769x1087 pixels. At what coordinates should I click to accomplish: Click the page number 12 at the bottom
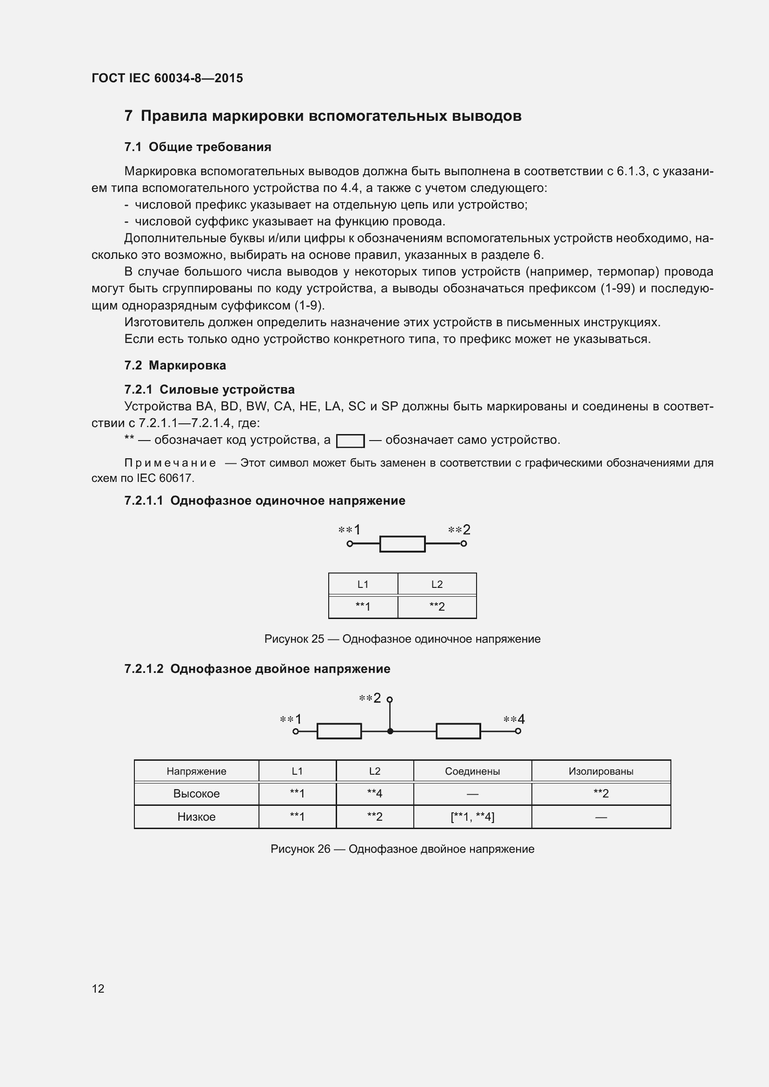coord(98,988)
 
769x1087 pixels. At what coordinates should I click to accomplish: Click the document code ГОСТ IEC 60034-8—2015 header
coord(167,78)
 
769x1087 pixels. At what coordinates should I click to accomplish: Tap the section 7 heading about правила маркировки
coord(323,116)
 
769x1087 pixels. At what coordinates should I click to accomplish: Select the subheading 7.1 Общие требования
coord(198,147)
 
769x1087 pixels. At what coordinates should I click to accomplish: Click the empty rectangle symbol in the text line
coord(350,441)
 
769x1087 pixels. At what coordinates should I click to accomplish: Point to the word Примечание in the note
coord(170,463)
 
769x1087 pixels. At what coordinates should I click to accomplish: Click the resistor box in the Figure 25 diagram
coord(402,544)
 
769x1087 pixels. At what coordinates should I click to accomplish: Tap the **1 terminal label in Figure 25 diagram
coord(350,530)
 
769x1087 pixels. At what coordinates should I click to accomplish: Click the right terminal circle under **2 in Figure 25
coord(464,544)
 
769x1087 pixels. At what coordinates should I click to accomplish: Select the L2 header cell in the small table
coord(437,585)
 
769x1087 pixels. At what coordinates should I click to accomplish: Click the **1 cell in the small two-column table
coord(363,606)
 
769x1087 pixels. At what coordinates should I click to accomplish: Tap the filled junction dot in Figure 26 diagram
coord(390,731)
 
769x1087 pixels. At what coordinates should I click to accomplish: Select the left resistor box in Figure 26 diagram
coord(339,731)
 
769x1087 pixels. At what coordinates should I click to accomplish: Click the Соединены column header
coord(472,771)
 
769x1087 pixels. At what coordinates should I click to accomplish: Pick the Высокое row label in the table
coord(196,793)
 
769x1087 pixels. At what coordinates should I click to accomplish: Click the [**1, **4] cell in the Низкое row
coord(472,817)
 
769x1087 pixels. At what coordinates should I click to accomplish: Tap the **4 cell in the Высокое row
coord(375,793)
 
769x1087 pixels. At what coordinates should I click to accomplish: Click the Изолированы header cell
coord(600,771)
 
